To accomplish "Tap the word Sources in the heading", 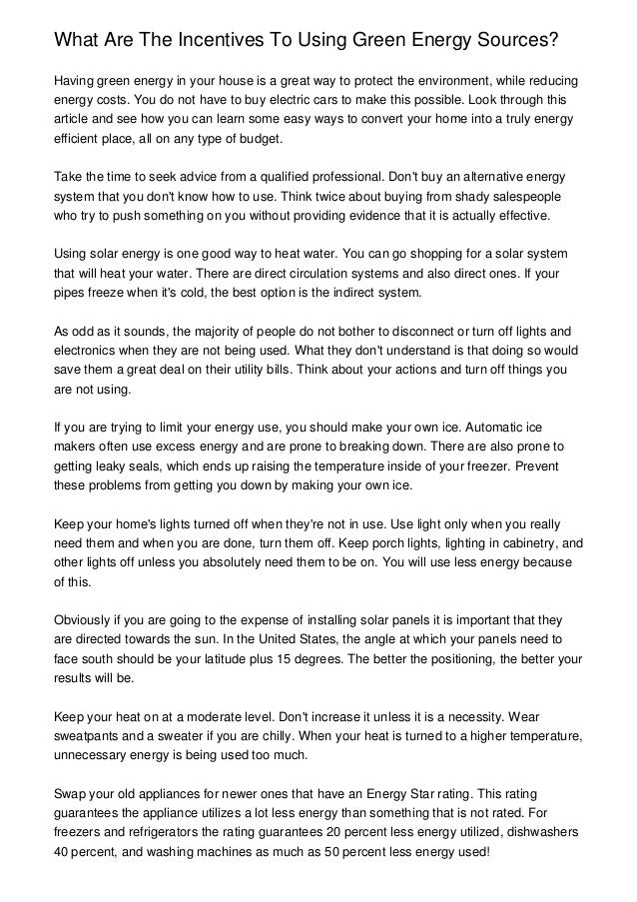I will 507,39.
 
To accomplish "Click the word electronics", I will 89,350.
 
